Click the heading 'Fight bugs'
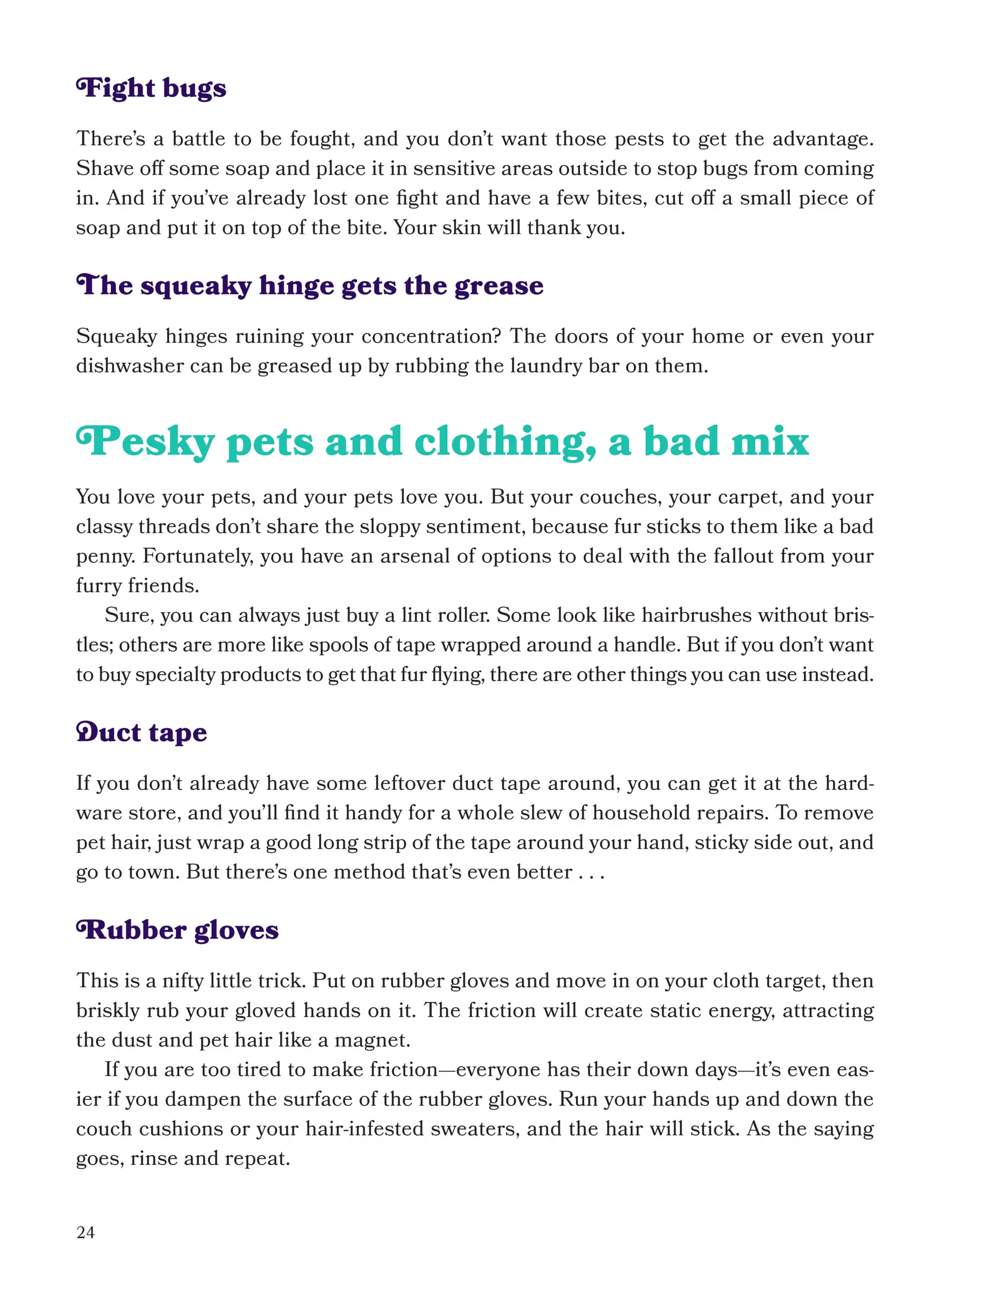(151, 88)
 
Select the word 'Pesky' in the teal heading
(145, 442)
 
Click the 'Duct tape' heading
(142, 733)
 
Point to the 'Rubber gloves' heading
(177, 930)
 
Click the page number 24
(85, 1232)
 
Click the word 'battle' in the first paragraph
(198, 139)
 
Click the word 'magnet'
(370, 1040)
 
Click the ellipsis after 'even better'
(590, 872)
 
